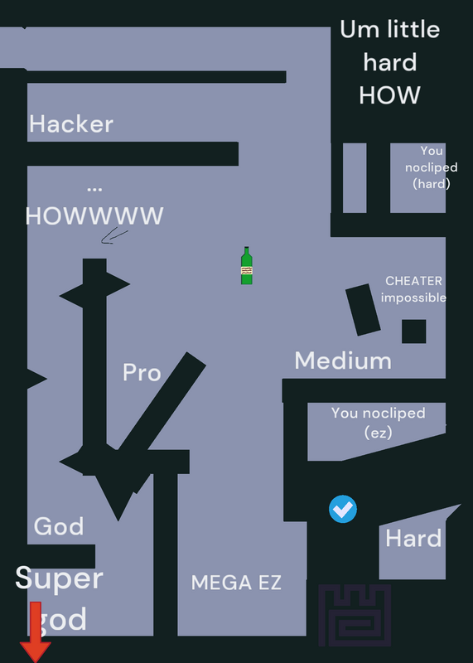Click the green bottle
tap(246, 265)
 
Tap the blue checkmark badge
tap(343, 509)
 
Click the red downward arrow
tap(36, 632)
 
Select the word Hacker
tap(71, 123)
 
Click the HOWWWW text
tap(94, 216)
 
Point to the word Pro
tap(142, 372)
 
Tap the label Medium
tap(343, 361)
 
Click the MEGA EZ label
tap(236, 583)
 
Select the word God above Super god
tap(59, 526)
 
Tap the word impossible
tap(413, 298)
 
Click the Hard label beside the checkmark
tap(413, 539)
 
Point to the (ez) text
tap(379, 433)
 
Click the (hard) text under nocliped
tap(432, 184)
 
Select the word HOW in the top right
tap(389, 95)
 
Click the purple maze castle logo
tap(355, 615)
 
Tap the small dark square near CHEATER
tap(414, 331)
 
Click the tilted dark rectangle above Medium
tap(363, 310)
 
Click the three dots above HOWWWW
tap(94, 190)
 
